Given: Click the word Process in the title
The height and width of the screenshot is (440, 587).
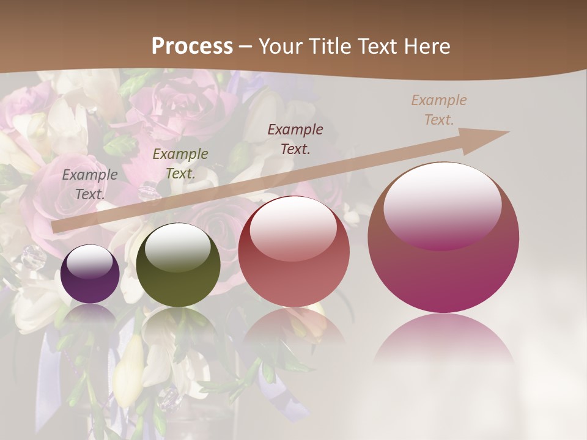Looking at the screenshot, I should (x=192, y=46).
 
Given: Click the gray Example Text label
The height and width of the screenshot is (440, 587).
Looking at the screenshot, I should (x=90, y=184).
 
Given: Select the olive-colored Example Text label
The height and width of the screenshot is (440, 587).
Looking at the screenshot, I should (x=180, y=163).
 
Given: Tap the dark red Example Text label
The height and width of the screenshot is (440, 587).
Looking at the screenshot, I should (x=295, y=139).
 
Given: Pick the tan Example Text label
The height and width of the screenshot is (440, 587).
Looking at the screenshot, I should (x=438, y=110).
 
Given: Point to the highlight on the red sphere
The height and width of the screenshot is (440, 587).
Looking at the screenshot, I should (x=293, y=227).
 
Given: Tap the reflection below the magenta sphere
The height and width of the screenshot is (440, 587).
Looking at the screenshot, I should (x=443, y=342).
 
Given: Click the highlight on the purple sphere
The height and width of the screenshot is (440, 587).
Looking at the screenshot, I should (x=90, y=262).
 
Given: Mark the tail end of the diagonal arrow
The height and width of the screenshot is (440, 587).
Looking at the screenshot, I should (x=56, y=227).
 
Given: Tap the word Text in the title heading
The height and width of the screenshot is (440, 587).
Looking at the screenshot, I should (x=378, y=46).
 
